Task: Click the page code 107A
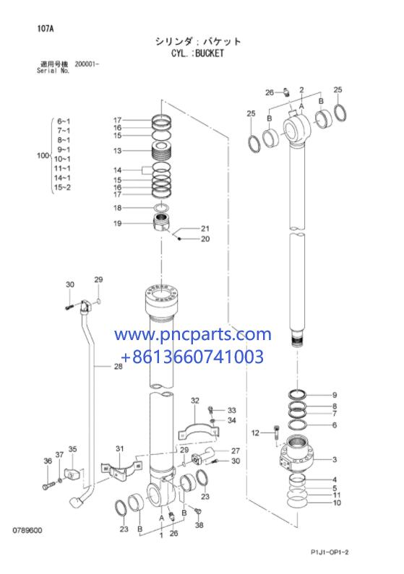(x=46, y=29)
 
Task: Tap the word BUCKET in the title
(x=210, y=53)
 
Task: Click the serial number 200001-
(x=87, y=64)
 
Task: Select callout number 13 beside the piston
(x=117, y=150)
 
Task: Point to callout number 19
(x=117, y=223)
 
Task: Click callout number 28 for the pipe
(x=118, y=366)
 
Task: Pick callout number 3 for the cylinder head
(x=335, y=459)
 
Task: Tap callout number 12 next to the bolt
(x=255, y=433)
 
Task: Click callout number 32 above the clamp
(x=195, y=401)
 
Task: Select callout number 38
(x=199, y=525)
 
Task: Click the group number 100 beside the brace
(x=43, y=155)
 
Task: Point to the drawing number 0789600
(x=27, y=530)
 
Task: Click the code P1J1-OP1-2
(x=330, y=552)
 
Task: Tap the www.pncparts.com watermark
(x=193, y=334)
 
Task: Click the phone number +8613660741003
(x=192, y=357)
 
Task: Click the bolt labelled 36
(x=48, y=486)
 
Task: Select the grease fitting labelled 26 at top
(x=288, y=92)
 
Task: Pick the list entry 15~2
(x=62, y=188)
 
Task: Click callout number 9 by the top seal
(x=335, y=395)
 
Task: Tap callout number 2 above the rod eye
(x=301, y=90)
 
